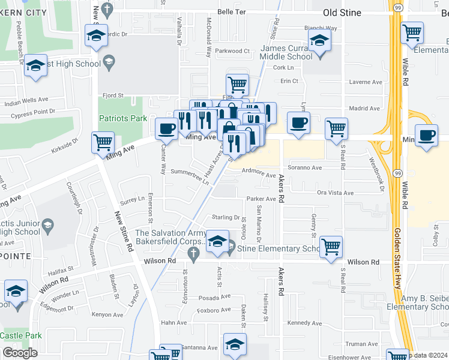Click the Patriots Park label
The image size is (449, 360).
pyautogui.click(x=123, y=118)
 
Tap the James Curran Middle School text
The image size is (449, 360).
pyautogui.click(x=287, y=52)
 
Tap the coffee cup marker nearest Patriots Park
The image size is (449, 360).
pyautogui.click(x=166, y=128)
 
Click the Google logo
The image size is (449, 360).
pyautogui.click(x=20, y=353)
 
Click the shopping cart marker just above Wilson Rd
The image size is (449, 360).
pyautogui.click(x=331, y=246)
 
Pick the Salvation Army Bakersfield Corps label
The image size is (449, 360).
pyautogui.click(x=170, y=238)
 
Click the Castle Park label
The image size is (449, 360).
pyautogui.click(x=21, y=335)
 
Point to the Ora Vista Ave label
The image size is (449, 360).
pyautogui.click(x=336, y=193)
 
